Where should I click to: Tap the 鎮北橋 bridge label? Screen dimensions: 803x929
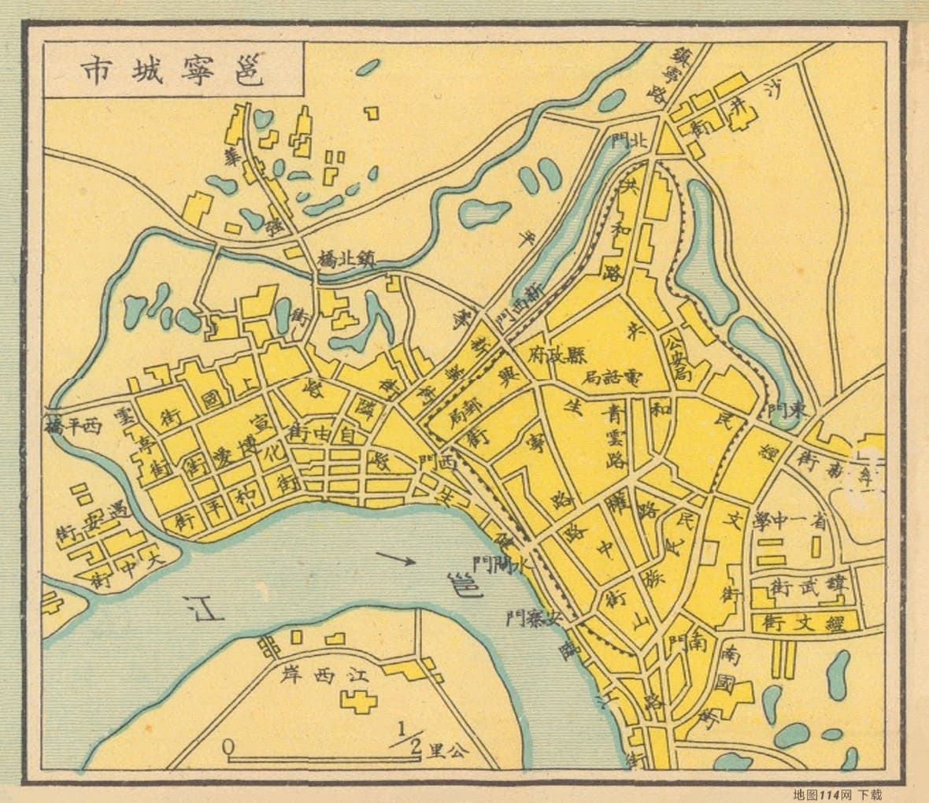pos(345,258)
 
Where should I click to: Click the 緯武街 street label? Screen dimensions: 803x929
pos(808,586)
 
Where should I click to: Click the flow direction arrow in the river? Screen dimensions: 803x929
pos(395,560)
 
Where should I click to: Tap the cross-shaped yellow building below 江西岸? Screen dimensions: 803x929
pos(359,701)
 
